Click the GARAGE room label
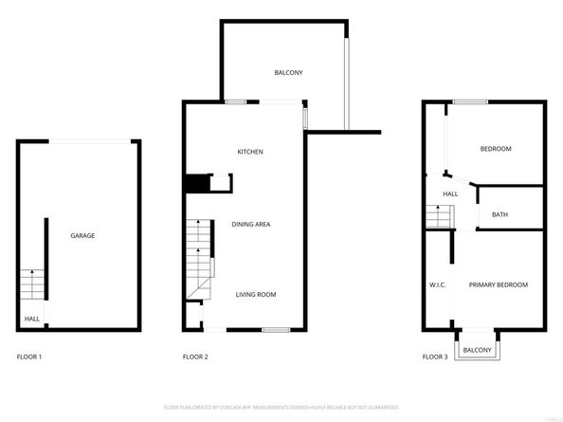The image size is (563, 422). pyautogui.click(x=82, y=235)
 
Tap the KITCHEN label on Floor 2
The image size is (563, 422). pyautogui.click(x=250, y=152)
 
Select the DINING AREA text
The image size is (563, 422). pyautogui.click(x=251, y=224)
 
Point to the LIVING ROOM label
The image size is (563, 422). pyautogui.click(x=256, y=295)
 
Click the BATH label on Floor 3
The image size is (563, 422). pyautogui.click(x=499, y=214)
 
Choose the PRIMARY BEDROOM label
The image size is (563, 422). pyautogui.click(x=499, y=284)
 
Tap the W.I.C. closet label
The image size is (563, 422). pyautogui.click(x=438, y=284)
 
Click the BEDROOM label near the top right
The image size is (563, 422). pyautogui.click(x=496, y=149)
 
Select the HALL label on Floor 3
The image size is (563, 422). pyautogui.click(x=450, y=193)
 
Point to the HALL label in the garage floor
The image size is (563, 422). pyautogui.click(x=31, y=319)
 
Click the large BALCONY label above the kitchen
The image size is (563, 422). pyautogui.click(x=288, y=73)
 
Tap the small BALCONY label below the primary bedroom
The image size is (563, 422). pyautogui.click(x=478, y=351)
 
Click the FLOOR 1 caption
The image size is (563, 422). pyautogui.click(x=29, y=357)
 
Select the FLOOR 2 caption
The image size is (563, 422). pyautogui.click(x=195, y=357)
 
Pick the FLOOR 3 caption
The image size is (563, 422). pyautogui.click(x=436, y=357)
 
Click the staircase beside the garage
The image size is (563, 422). pyautogui.click(x=31, y=284)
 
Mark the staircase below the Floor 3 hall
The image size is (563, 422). pyautogui.click(x=438, y=218)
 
